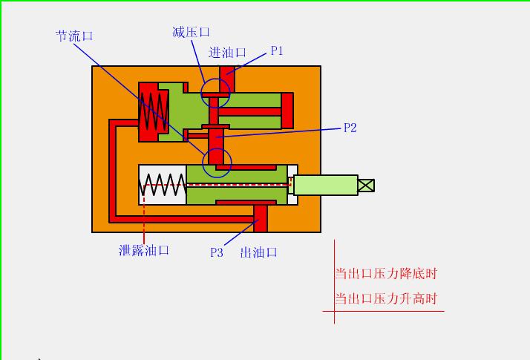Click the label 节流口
click(74, 36)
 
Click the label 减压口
click(191, 32)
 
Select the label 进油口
click(227, 52)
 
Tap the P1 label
click(277, 51)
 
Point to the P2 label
click(350, 128)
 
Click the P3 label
click(216, 252)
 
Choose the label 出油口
click(258, 252)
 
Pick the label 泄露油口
click(144, 250)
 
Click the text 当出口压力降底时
click(386, 273)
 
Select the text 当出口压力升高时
click(386, 299)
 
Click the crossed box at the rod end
click(366, 185)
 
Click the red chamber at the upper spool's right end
click(287, 111)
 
